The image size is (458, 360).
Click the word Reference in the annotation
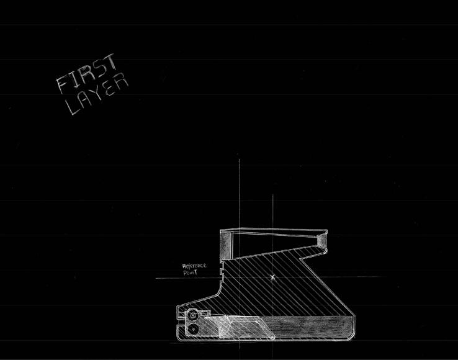(194, 266)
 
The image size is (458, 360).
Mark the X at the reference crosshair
(272, 277)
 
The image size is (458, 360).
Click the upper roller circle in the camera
(194, 315)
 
